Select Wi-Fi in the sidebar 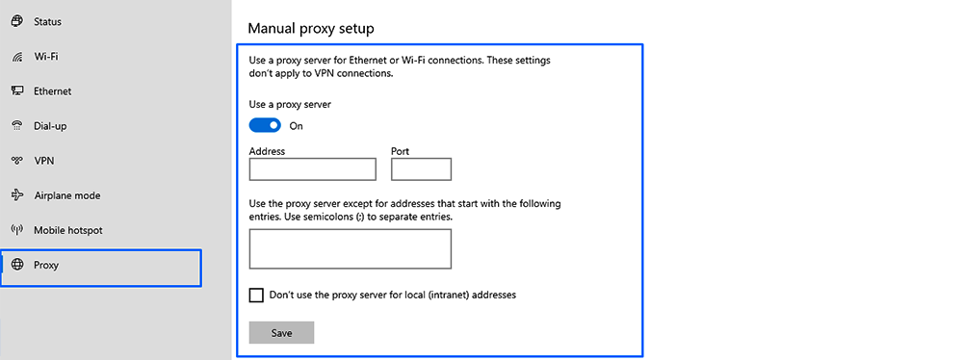[x=47, y=56]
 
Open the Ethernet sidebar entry [x=52, y=91]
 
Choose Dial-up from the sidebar [x=50, y=126]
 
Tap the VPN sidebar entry [x=43, y=161]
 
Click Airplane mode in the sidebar [x=66, y=195]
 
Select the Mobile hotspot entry [x=67, y=230]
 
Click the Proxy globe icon [x=16, y=265]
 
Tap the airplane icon [x=16, y=195]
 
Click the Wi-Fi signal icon [x=16, y=57]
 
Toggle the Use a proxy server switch [x=265, y=125]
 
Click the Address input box [x=312, y=169]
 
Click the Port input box [x=421, y=169]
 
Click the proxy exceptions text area [x=350, y=248]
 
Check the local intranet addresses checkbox [x=256, y=295]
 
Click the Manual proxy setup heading [x=311, y=29]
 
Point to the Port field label [x=400, y=151]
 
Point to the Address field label [x=267, y=151]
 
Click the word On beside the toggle [x=297, y=126]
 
